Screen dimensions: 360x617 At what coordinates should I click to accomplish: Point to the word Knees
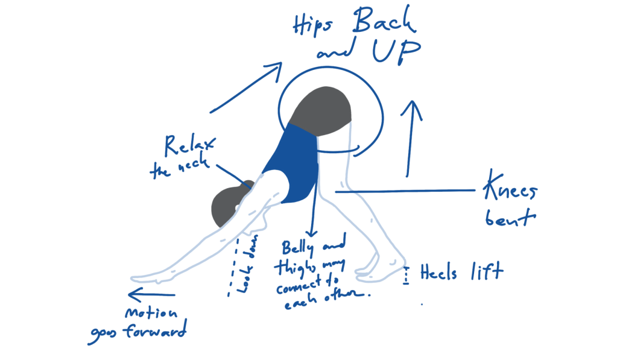pos(509,192)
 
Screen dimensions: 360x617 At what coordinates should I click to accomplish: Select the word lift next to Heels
pos(486,271)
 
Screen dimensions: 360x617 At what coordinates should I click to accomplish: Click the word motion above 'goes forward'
pos(151,314)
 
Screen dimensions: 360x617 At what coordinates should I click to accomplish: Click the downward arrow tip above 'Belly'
pos(311,234)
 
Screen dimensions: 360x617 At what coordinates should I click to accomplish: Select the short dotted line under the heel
pos(407,276)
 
